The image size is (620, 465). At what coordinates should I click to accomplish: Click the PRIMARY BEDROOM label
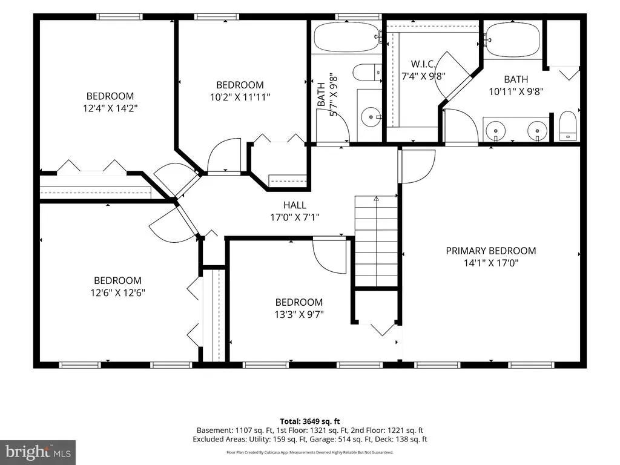490,251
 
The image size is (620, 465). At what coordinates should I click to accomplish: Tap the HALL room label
295,205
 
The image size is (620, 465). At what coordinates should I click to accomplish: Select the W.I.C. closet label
423,64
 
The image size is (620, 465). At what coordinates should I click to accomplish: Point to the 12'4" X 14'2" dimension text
110,108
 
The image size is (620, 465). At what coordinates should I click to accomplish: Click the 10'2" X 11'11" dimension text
240,97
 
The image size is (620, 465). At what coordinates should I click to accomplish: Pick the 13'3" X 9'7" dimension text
299,314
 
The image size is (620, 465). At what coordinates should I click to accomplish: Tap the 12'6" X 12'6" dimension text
118,292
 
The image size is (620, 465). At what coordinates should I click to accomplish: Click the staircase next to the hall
376,241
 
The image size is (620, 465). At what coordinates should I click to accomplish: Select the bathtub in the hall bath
347,37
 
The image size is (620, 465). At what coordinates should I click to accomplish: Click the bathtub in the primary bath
512,39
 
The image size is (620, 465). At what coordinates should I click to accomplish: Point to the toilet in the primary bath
568,126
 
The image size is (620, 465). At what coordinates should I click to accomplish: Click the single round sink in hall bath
371,117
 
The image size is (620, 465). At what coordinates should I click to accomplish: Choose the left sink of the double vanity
496,130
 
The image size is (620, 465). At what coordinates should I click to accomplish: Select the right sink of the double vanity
538,130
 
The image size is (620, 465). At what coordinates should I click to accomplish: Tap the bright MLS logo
38,452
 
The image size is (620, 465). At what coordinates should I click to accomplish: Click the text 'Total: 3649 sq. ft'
310,421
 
